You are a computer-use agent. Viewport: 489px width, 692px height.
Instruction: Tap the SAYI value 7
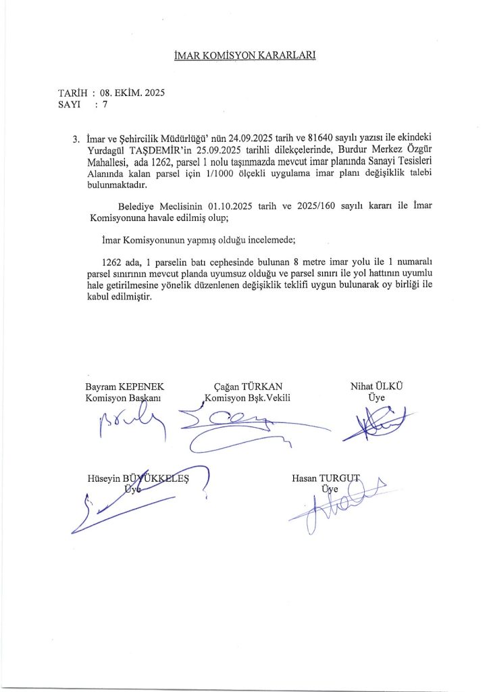[x=105, y=104]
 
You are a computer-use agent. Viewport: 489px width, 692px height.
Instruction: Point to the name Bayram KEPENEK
[x=125, y=386]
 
